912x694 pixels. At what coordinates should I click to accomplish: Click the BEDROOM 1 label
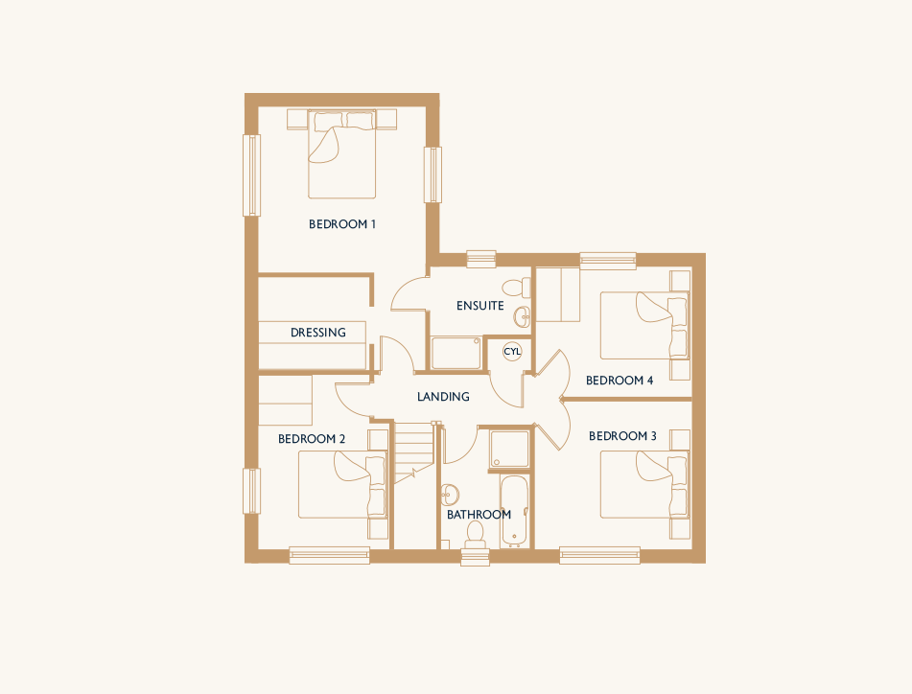click(x=342, y=223)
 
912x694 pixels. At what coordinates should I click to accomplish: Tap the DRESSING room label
click(x=318, y=333)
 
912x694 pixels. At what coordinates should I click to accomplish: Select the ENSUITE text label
click(x=479, y=305)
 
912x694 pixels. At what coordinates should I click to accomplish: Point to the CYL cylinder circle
click(x=512, y=352)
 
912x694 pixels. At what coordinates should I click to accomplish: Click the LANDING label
click(x=443, y=397)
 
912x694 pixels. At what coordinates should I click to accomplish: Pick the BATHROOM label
click(x=479, y=515)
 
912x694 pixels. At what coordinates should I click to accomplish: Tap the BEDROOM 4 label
click(x=620, y=381)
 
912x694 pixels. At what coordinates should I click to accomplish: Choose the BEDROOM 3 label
click(x=622, y=436)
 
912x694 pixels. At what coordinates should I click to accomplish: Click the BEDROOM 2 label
click(x=312, y=439)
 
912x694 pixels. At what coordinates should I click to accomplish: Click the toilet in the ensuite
click(x=517, y=288)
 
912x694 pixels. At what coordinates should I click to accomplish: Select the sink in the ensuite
click(x=523, y=316)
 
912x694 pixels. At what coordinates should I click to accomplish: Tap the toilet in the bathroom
click(x=476, y=535)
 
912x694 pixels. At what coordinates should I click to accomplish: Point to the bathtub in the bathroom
click(x=514, y=512)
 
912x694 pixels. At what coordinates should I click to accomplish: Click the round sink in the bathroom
click(x=450, y=496)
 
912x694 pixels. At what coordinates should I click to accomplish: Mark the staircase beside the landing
click(x=414, y=453)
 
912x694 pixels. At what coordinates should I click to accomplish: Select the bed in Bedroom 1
click(x=342, y=154)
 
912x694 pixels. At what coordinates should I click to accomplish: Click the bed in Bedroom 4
click(x=644, y=326)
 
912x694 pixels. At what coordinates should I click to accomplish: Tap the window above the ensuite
click(x=481, y=259)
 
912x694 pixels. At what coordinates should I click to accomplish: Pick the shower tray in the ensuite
click(x=456, y=353)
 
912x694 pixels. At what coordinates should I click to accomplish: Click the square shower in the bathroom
click(x=509, y=449)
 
